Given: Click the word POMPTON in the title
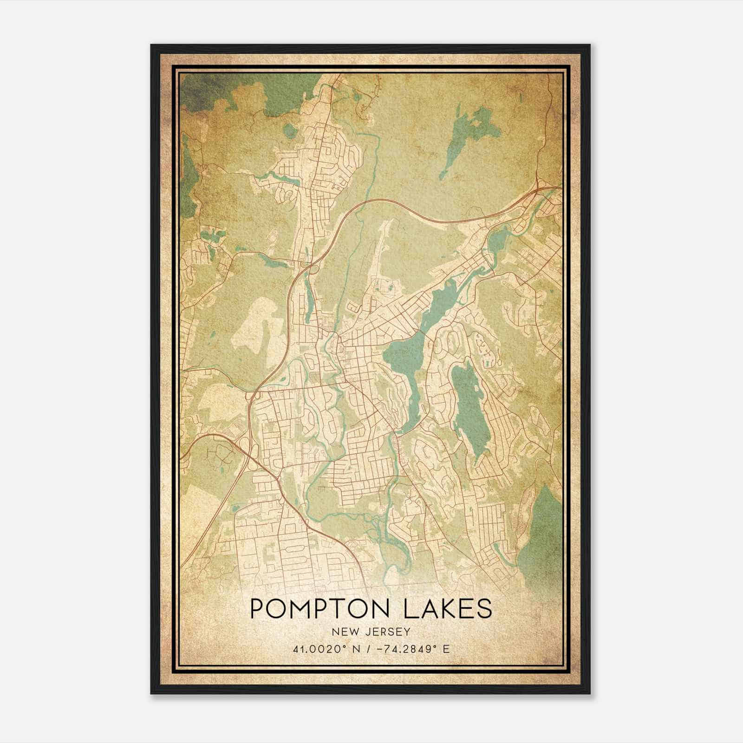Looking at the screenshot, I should click(x=325, y=609).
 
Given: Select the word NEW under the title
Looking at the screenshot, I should click(x=344, y=632).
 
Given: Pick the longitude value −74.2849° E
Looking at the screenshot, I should click(x=411, y=649).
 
